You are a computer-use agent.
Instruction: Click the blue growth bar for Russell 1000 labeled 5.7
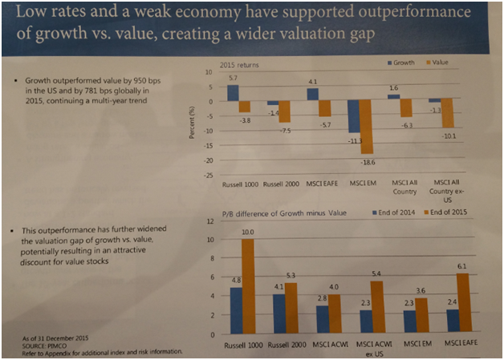point(233,92)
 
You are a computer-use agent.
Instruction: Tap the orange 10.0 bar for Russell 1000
point(248,285)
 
